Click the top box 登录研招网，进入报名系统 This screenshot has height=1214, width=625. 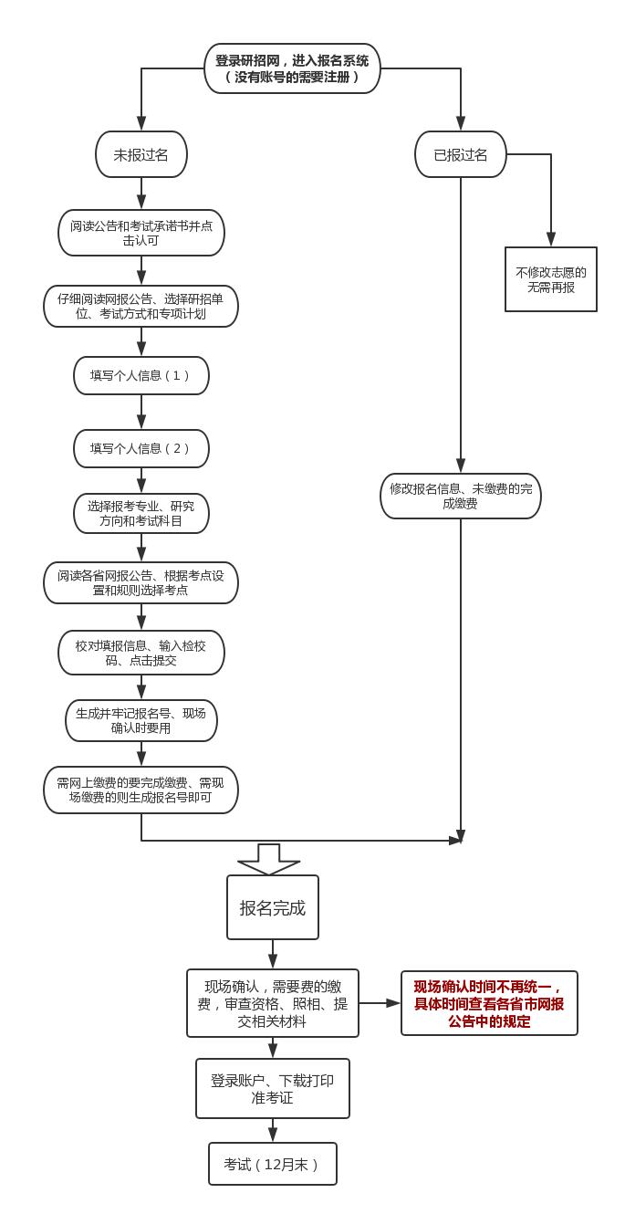click(292, 68)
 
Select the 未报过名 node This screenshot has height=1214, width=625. click(141, 154)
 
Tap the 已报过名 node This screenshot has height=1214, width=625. click(461, 154)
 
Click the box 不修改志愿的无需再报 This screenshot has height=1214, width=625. click(551, 279)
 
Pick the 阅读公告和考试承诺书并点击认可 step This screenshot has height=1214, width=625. click(141, 233)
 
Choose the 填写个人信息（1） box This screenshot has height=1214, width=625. click(141, 375)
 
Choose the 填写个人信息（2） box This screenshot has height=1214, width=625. click(141, 448)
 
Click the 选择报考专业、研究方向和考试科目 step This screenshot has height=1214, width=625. click(141, 514)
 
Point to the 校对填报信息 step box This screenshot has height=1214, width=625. click(141, 653)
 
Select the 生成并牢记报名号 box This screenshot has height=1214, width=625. click(141, 721)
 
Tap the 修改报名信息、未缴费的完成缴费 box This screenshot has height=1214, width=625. click(461, 496)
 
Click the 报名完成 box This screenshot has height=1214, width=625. click(273, 907)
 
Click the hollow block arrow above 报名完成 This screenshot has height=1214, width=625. click(269, 859)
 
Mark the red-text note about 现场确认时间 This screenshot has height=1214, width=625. click(489, 1003)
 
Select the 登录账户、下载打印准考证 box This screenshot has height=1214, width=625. click(273, 1088)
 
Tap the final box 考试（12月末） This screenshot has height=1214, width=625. click(273, 1164)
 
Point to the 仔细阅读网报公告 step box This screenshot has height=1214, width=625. click(141, 306)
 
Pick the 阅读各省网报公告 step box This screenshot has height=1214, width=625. click(141, 582)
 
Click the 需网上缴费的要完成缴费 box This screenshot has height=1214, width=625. click(141, 790)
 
